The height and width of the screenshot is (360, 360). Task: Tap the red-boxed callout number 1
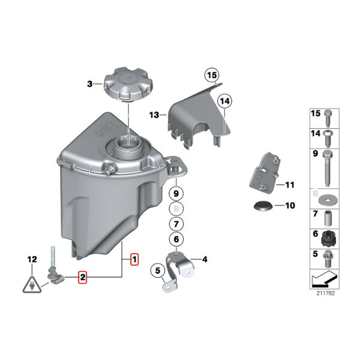tap(134, 259)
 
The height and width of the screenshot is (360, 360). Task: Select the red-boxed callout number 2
tap(82, 277)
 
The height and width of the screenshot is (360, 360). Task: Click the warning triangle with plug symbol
tap(32, 285)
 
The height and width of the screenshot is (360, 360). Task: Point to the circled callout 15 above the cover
tap(212, 76)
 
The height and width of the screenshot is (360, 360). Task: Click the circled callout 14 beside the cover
tap(225, 101)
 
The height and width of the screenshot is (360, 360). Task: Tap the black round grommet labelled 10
tap(263, 205)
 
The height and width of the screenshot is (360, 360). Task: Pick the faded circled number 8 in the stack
tap(176, 209)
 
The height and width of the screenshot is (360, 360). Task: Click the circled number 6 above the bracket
tap(176, 239)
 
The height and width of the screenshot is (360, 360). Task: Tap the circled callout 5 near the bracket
tap(158, 271)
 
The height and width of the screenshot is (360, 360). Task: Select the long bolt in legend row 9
tap(328, 168)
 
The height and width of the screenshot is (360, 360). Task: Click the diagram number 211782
tap(326, 293)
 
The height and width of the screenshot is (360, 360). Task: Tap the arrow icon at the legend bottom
tap(324, 279)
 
